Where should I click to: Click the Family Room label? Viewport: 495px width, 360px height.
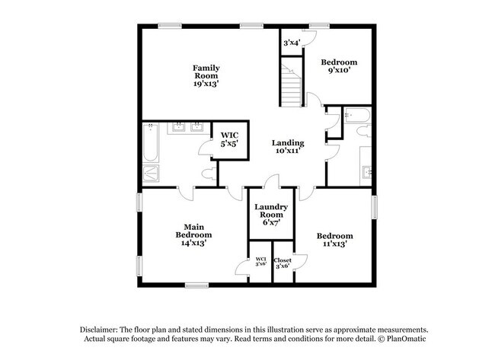tap(206, 75)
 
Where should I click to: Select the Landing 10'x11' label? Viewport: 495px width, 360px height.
tap(288, 146)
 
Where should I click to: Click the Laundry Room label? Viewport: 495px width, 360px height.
tap(270, 214)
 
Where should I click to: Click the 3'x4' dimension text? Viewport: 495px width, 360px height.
tap(291, 43)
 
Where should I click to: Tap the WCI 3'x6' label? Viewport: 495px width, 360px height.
tap(260, 263)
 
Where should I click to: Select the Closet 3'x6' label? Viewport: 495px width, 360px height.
tap(283, 263)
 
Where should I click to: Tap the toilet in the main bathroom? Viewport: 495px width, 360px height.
tap(208, 174)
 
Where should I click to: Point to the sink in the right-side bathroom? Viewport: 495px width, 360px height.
tap(366, 171)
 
